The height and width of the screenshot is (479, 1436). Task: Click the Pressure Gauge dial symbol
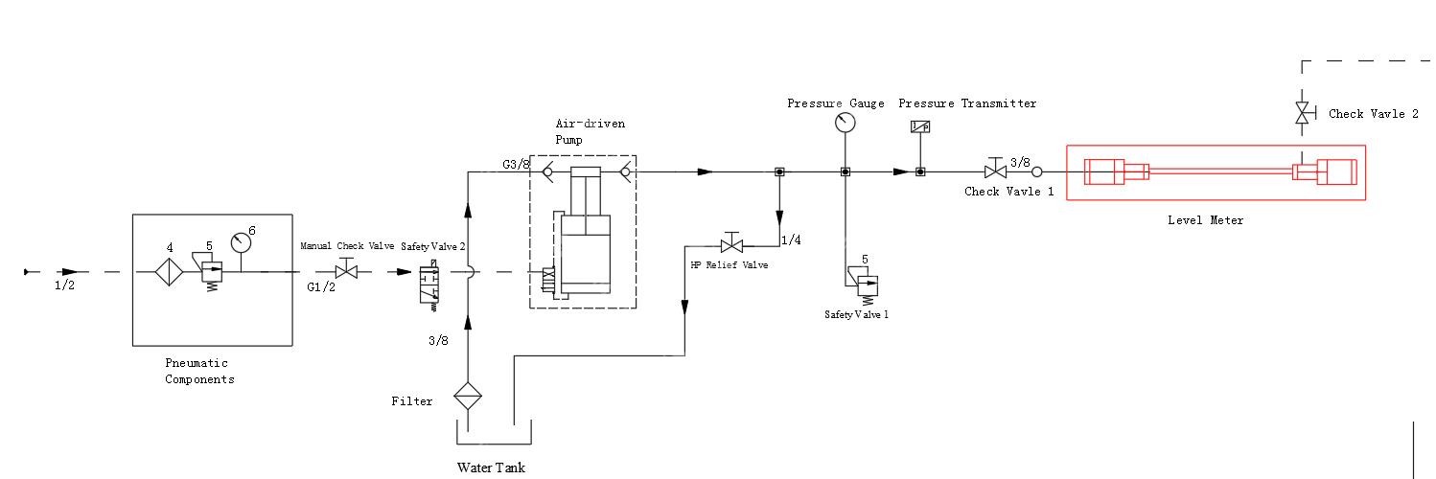point(845,123)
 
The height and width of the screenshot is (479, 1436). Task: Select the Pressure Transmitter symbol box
point(920,126)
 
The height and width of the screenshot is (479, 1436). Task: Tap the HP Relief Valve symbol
point(732,246)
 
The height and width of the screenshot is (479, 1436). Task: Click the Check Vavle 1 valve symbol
point(996,172)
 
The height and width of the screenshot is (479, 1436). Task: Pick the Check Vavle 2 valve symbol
point(1302,113)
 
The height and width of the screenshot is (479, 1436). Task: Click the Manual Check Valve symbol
point(347,272)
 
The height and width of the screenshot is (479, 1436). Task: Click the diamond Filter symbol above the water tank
point(468,396)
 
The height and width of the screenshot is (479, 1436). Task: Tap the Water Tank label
point(491,468)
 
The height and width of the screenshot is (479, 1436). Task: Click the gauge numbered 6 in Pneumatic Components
point(241,243)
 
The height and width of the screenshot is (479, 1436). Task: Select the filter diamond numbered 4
point(170,273)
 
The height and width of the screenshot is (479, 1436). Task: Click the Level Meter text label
point(1205,220)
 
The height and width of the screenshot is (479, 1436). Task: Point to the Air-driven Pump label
point(583,131)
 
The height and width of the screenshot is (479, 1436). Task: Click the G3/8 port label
point(516,164)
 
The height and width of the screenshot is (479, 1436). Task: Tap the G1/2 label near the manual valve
point(320,286)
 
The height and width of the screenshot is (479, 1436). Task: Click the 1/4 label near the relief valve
point(791,240)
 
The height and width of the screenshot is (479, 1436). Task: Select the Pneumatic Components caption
point(198,371)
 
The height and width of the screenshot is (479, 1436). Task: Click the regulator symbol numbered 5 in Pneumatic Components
point(212,275)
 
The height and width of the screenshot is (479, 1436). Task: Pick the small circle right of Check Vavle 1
point(1036,172)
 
